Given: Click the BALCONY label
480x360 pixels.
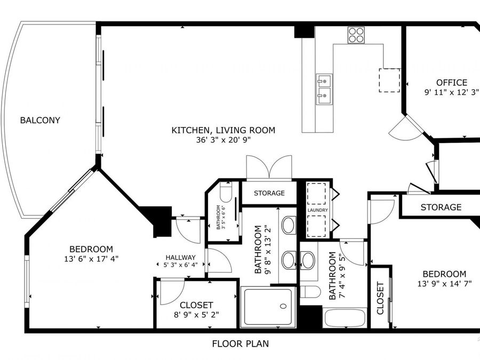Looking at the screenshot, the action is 40,120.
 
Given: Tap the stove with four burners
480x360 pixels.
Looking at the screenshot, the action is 356,35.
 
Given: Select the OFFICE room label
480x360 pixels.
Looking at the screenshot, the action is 452,83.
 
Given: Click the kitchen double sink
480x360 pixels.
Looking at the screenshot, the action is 324,90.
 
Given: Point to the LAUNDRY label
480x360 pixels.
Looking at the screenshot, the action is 318,210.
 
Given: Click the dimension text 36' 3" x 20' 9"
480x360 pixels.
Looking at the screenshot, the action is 223,140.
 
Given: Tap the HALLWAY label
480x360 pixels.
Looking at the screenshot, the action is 181,258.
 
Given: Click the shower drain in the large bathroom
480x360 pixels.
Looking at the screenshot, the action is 283,306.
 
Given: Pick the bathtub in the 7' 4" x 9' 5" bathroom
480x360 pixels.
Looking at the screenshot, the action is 345,318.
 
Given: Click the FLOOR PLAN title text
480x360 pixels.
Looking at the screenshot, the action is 241,344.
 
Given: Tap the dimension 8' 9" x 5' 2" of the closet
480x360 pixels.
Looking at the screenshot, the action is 196,315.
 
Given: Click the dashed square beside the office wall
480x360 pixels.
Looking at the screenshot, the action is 389,80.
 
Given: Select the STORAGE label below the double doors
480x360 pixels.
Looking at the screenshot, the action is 269,193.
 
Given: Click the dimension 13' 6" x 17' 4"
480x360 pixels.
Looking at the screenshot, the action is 91,259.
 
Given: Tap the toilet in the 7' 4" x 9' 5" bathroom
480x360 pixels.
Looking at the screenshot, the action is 310,292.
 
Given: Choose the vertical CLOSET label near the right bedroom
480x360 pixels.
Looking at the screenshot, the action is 380,298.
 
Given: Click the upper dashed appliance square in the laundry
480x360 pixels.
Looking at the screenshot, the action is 316,194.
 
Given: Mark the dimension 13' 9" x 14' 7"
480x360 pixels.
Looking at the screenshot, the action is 444,284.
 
